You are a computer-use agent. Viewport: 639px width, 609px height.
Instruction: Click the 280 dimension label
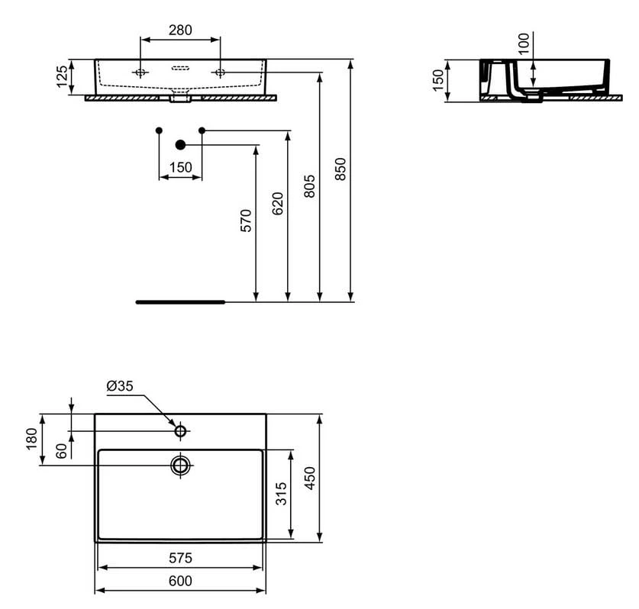[180, 31]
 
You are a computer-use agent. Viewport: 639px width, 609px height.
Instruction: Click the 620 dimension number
[277, 205]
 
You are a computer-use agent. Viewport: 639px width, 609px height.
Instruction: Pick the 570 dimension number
[245, 220]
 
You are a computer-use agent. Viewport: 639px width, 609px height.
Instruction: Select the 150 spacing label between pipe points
[180, 167]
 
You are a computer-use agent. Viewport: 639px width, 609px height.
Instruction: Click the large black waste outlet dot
[181, 144]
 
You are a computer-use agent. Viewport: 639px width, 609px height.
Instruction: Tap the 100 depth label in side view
[523, 44]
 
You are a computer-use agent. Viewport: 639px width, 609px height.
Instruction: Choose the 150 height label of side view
[438, 80]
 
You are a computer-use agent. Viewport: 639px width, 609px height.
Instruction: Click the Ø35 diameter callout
[120, 386]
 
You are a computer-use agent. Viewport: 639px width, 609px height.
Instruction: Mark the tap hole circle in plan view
[181, 431]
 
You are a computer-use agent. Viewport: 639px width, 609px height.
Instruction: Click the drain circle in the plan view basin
[181, 465]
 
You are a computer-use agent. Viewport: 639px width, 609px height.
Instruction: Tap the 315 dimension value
[281, 495]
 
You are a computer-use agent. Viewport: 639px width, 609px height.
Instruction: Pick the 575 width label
[180, 558]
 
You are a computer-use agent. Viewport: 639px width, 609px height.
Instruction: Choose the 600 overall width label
[180, 582]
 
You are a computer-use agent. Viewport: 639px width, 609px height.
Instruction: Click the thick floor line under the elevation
[180, 302]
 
